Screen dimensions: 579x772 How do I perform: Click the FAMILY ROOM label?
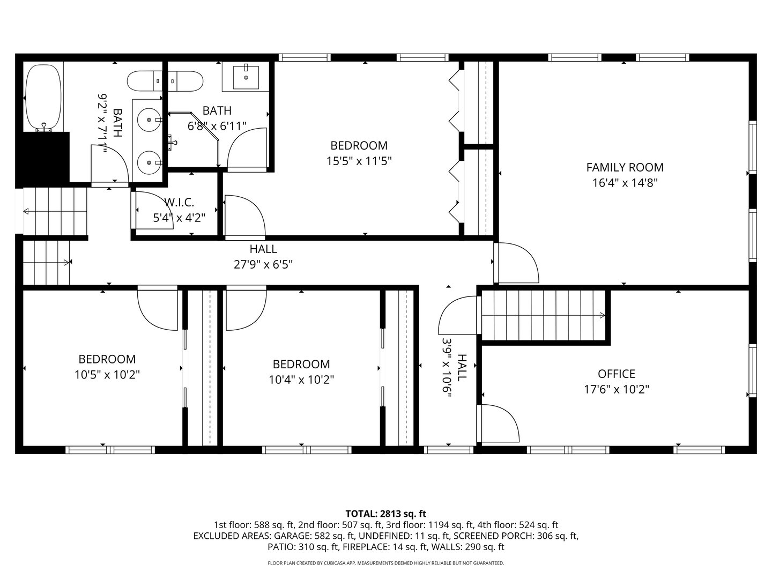click(x=625, y=167)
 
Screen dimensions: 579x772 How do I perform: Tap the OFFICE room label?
click(x=617, y=374)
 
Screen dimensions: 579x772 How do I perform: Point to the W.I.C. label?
click(x=179, y=202)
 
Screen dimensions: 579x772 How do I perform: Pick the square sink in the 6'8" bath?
click(x=246, y=77)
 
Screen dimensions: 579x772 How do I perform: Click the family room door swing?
click(x=517, y=263)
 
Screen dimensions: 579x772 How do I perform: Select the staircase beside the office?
click(x=544, y=315)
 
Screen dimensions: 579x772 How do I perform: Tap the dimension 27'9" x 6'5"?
click(x=263, y=264)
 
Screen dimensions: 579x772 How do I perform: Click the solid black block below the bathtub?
click(x=44, y=158)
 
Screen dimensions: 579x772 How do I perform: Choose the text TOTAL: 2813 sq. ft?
click(x=385, y=514)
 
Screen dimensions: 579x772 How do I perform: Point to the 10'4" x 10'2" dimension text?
click(x=301, y=380)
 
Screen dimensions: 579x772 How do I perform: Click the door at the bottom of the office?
click(x=499, y=423)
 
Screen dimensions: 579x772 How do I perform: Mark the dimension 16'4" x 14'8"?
click(x=625, y=182)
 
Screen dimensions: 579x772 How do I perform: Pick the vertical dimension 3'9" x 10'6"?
click(x=447, y=368)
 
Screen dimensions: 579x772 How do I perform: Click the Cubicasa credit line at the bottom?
click(x=385, y=563)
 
